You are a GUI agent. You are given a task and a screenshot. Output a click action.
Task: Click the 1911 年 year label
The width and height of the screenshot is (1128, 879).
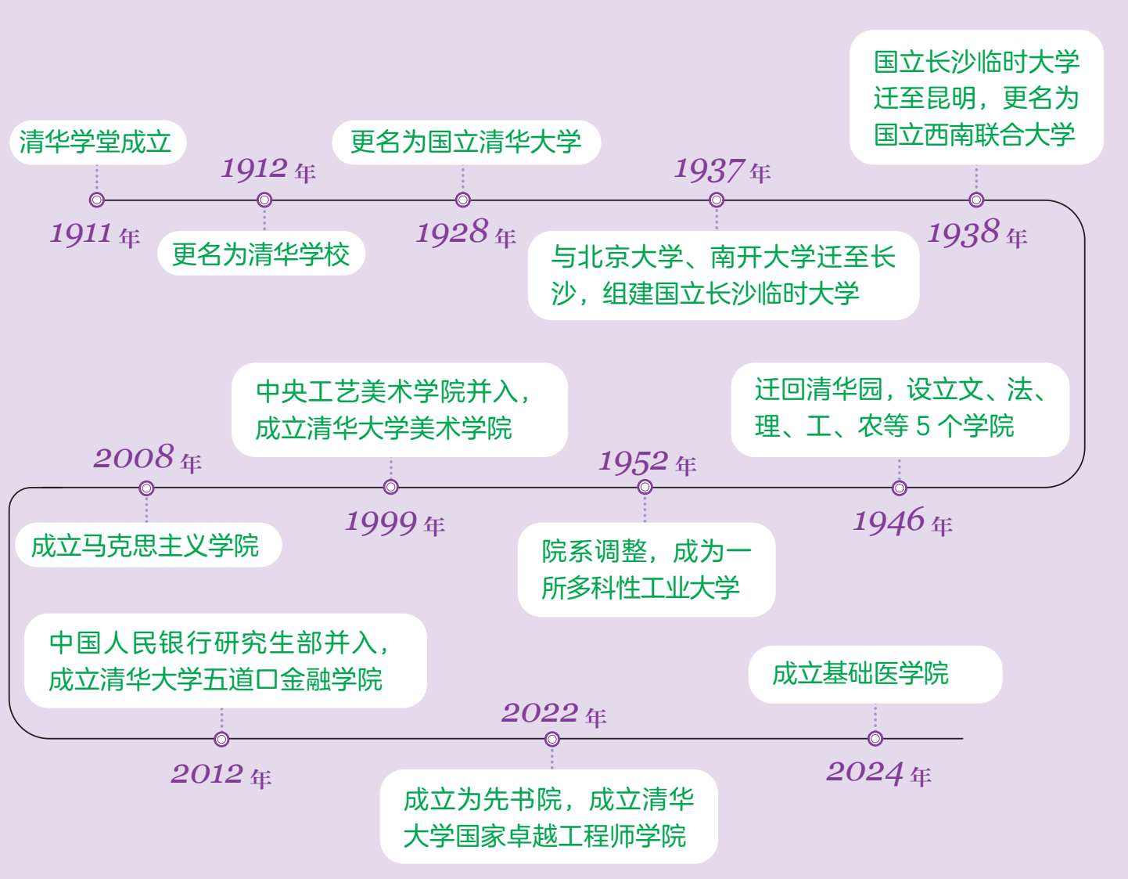[x=95, y=233]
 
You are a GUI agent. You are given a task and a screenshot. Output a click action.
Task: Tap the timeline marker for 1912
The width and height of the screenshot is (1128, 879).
[x=264, y=200]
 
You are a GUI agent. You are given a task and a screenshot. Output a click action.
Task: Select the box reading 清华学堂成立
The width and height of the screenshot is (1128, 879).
[x=98, y=142]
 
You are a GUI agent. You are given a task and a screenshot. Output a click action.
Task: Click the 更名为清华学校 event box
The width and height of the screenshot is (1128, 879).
[x=261, y=254]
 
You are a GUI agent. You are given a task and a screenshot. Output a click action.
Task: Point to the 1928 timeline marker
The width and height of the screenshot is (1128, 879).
[x=463, y=200]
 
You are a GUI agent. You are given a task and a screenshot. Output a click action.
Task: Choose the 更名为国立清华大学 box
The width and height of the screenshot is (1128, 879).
[x=466, y=142]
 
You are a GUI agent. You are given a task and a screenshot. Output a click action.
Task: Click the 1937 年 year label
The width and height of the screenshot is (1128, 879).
[x=722, y=170]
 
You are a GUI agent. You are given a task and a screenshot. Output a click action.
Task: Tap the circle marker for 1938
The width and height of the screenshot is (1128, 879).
[x=976, y=200]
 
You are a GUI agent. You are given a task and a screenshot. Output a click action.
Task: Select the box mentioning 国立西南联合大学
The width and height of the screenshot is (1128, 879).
[x=976, y=98]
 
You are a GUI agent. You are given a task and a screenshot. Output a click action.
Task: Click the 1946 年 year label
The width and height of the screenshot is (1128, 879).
[x=902, y=522]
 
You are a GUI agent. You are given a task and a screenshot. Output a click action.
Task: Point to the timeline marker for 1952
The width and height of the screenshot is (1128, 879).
[x=645, y=487]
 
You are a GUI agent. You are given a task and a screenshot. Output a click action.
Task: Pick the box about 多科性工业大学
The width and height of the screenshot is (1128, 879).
[x=646, y=570]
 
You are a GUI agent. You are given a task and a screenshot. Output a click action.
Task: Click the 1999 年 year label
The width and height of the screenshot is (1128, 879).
[x=395, y=523]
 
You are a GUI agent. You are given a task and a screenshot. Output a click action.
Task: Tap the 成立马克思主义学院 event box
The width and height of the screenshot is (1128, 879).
[x=148, y=545]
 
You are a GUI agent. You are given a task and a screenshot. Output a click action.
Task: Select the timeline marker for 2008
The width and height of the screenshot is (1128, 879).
[x=146, y=488]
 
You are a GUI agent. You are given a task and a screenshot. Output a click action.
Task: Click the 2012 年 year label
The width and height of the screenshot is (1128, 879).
[x=221, y=775]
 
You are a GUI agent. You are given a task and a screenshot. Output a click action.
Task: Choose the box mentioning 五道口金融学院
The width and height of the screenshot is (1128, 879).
[x=225, y=661]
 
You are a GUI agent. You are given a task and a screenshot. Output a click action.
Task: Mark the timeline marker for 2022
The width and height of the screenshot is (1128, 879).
[x=552, y=739]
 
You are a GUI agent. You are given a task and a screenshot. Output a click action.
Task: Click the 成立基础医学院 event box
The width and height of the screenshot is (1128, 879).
[x=875, y=674]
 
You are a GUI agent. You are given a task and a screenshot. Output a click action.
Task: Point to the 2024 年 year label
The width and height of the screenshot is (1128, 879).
[x=878, y=773]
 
